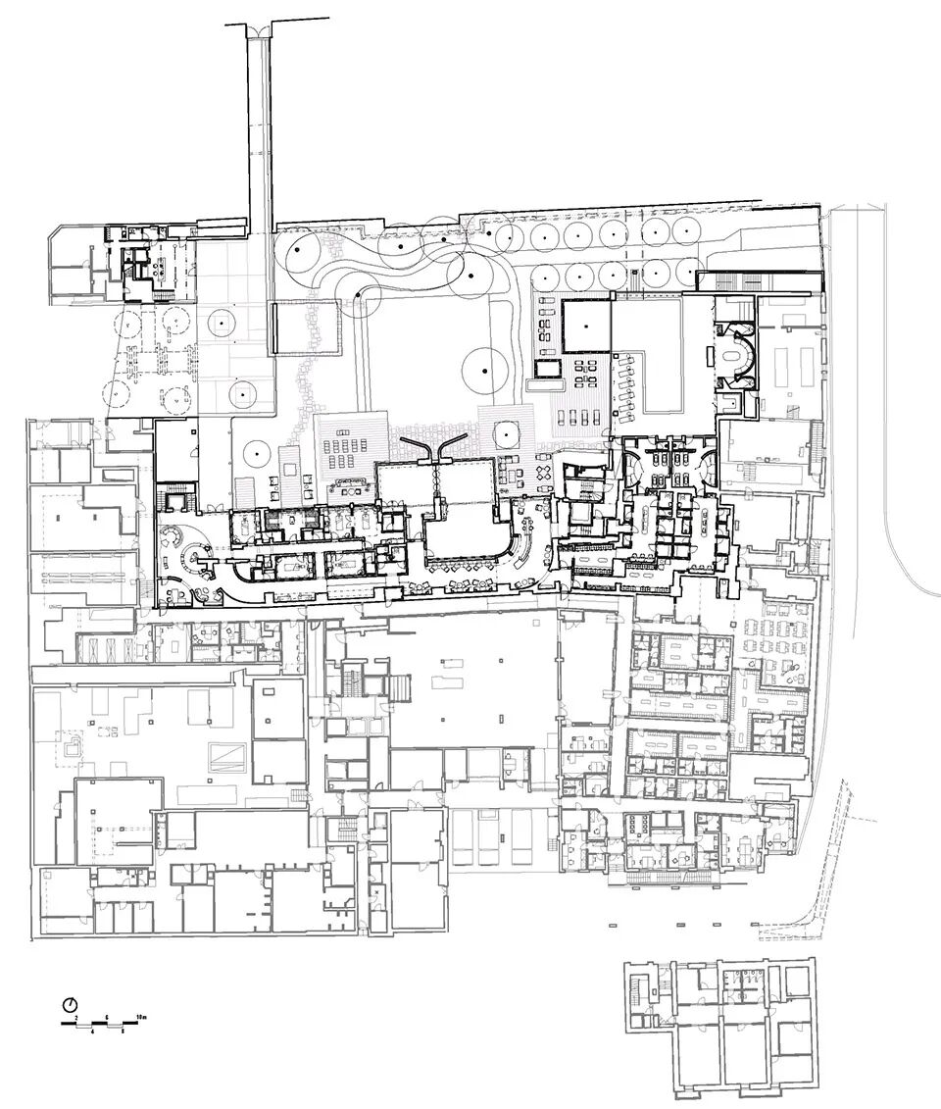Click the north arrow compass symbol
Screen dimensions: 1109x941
70,1004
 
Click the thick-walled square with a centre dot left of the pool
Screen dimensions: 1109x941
586,327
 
